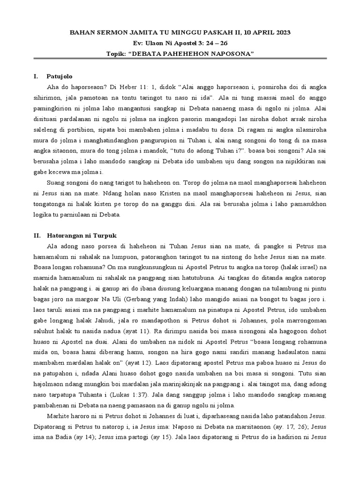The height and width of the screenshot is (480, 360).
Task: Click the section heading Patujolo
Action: pos(60,76)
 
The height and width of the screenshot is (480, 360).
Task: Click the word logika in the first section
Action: pos(46,215)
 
